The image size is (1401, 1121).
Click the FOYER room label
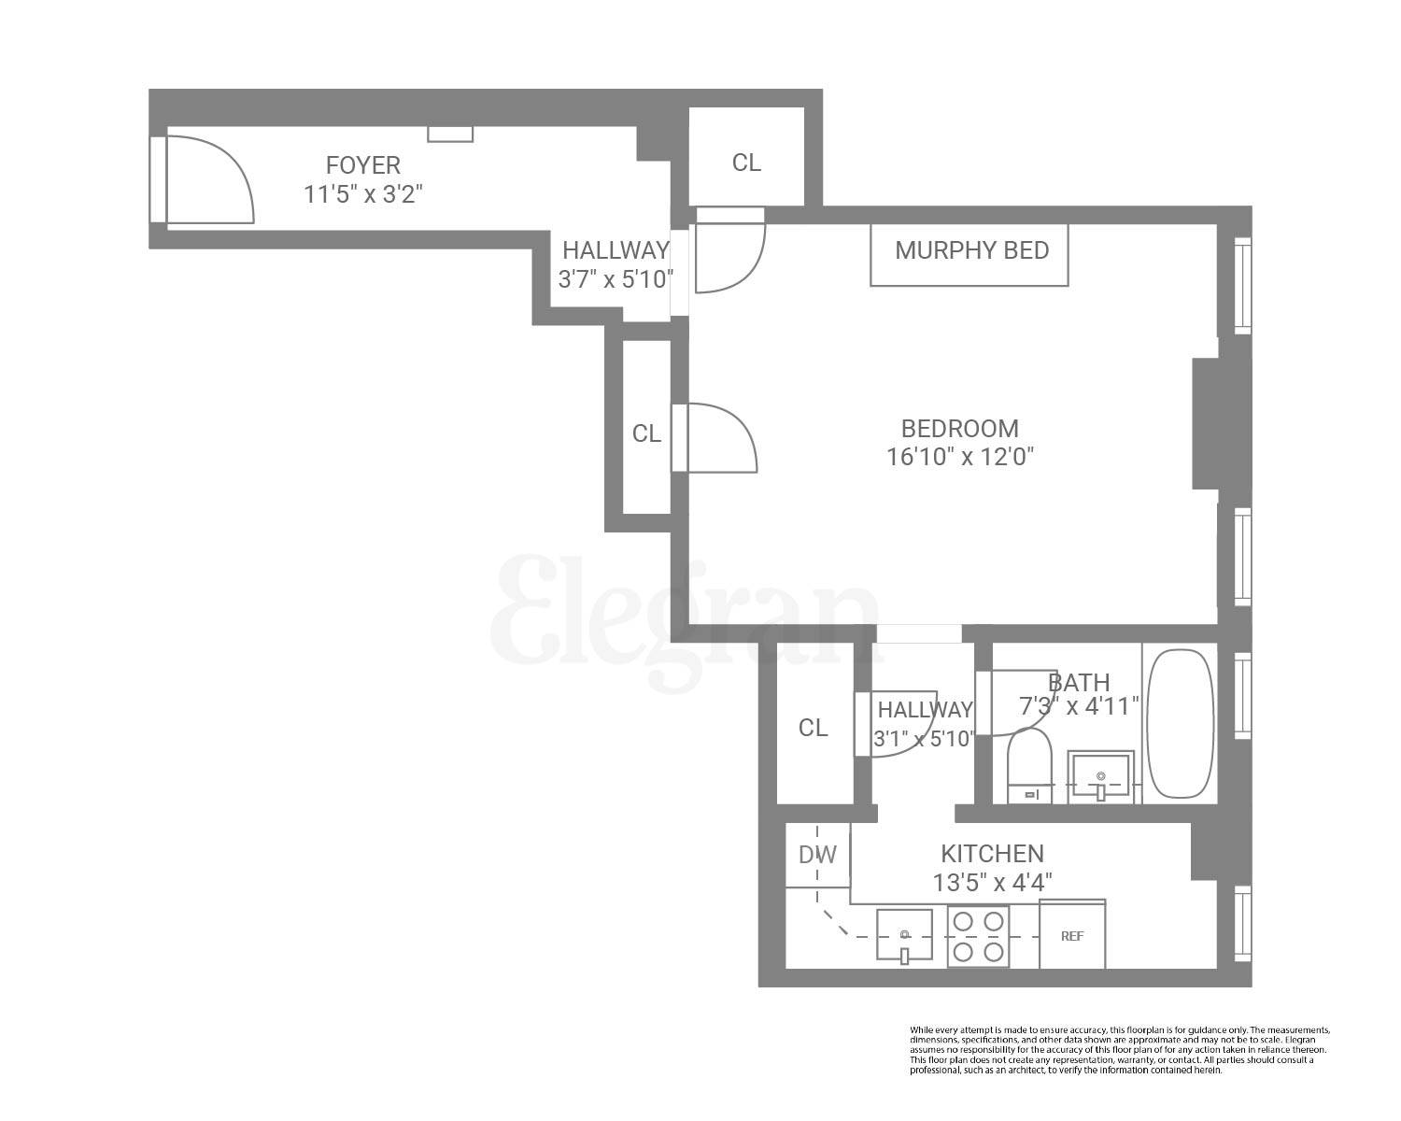click(363, 165)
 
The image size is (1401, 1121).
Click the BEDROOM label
click(959, 429)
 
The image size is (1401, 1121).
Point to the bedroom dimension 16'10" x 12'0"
click(960, 457)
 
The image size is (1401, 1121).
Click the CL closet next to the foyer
click(746, 163)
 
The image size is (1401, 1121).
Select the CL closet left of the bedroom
click(646, 433)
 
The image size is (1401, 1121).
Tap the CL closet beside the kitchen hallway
click(813, 728)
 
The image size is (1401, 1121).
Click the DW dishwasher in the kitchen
click(817, 855)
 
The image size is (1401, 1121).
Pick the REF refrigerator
click(1072, 935)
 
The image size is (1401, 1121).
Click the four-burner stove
click(978, 937)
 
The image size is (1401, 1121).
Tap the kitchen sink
click(904, 935)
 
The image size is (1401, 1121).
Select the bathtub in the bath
click(1181, 724)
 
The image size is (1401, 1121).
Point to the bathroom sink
click(1102, 775)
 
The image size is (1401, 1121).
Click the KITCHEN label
click(992, 854)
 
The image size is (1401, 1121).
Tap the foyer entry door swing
click(210, 179)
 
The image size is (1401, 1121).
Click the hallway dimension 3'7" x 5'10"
click(616, 278)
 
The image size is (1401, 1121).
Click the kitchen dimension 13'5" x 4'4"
click(992, 882)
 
